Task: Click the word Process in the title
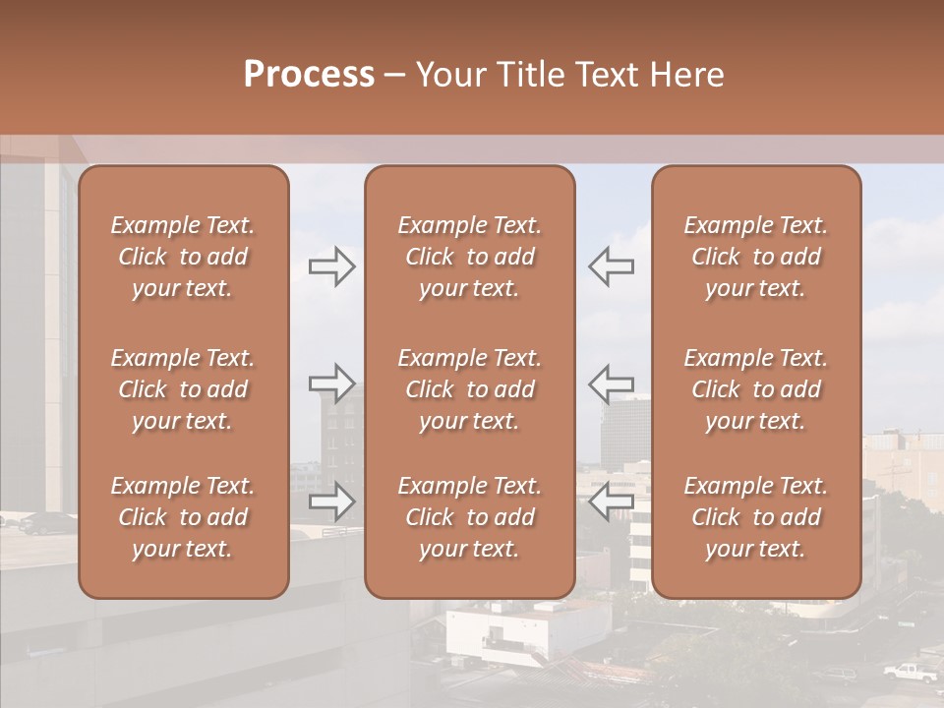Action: (x=309, y=74)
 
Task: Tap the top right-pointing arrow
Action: (x=331, y=265)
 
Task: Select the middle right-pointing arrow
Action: (x=331, y=383)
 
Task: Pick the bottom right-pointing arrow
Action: (x=331, y=501)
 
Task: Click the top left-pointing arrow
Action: (x=612, y=265)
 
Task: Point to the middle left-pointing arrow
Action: (x=612, y=383)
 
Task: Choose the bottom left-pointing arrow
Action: (x=612, y=501)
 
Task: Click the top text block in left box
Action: (x=183, y=257)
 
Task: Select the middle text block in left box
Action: (x=183, y=389)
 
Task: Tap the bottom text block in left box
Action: (x=183, y=517)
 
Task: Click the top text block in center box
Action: (x=469, y=257)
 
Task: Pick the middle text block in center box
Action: (x=469, y=389)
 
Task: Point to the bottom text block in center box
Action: (x=469, y=517)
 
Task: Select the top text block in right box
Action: (x=755, y=257)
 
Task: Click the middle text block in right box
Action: (x=755, y=389)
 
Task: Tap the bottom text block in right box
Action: (x=755, y=517)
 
